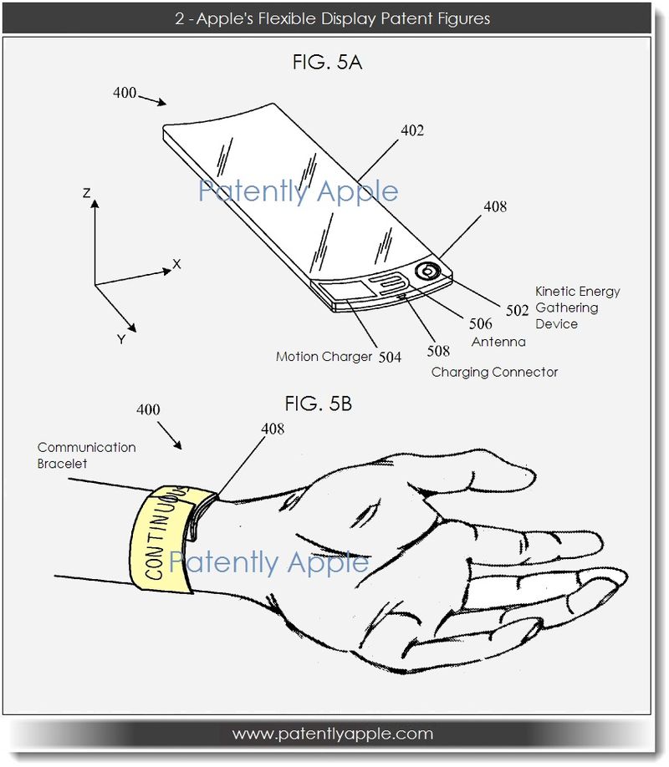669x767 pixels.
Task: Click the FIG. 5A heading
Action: (x=327, y=63)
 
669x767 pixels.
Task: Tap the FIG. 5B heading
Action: (x=319, y=404)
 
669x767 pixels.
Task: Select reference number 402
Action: (x=412, y=130)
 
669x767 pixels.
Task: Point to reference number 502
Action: (x=517, y=311)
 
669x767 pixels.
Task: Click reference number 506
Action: (x=481, y=324)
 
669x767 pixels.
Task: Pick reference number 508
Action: (x=438, y=351)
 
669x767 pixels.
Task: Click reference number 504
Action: (x=390, y=358)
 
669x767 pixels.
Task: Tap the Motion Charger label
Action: (x=324, y=357)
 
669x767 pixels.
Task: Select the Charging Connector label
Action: (x=495, y=373)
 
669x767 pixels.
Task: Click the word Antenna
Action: (x=498, y=342)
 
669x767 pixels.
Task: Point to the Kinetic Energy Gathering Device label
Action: (x=578, y=307)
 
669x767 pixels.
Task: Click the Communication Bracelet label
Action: (x=87, y=455)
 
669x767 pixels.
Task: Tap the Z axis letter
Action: (x=87, y=193)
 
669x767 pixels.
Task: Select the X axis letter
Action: (x=176, y=264)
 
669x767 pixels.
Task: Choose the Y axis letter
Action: (x=121, y=339)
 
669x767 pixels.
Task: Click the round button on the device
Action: (x=427, y=271)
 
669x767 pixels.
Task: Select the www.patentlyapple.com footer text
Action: (x=333, y=734)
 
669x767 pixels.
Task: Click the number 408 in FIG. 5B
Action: (x=273, y=429)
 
